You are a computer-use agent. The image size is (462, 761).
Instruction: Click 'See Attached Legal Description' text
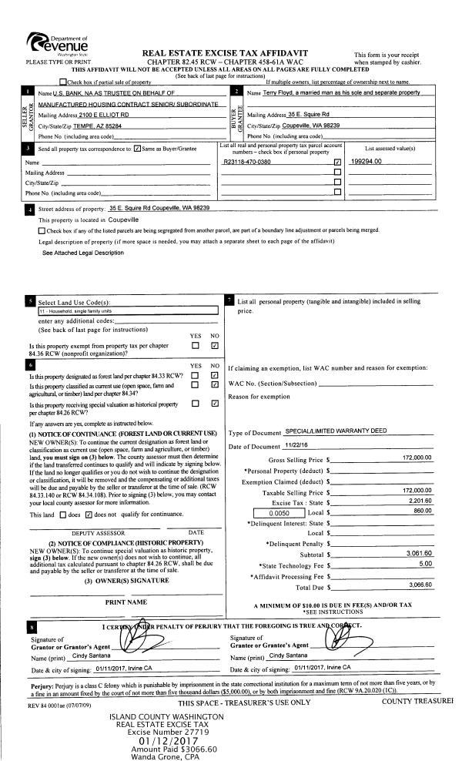(x=82, y=252)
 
